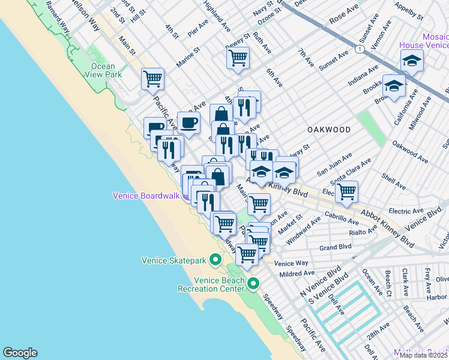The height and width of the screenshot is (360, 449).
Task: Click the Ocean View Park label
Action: (x=106, y=70)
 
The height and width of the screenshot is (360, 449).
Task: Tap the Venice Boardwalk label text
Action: (x=146, y=196)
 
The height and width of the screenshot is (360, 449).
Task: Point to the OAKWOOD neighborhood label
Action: (x=329, y=129)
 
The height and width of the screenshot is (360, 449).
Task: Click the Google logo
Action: (x=20, y=353)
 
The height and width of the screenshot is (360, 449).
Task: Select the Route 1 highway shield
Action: (x=360, y=48)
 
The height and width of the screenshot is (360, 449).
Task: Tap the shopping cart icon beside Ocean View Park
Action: (x=152, y=78)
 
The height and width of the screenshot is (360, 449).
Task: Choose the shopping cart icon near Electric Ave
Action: (x=346, y=191)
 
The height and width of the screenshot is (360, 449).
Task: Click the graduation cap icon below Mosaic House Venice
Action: (x=394, y=86)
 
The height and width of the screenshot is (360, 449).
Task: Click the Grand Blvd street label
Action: (x=335, y=247)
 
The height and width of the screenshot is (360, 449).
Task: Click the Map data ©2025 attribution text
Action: (x=423, y=355)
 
